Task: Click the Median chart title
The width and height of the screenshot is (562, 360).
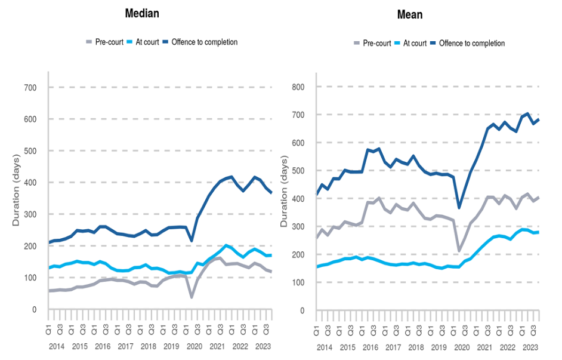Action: pos(141,13)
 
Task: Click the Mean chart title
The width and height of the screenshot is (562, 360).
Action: pos(409,14)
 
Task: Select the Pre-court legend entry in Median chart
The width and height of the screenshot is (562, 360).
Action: pos(109,42)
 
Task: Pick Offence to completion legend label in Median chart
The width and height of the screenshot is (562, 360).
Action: pos(204,42)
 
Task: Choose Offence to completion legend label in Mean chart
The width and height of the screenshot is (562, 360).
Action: pos(471,44)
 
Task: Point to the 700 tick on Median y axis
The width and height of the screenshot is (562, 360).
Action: pos(30,88)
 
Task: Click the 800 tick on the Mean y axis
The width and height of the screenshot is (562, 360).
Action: pos(298,87)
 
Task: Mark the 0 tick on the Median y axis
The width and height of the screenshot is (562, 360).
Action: pos(35,309)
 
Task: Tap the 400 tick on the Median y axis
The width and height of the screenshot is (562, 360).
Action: pos(30,183)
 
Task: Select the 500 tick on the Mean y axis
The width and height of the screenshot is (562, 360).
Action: pos(298,171)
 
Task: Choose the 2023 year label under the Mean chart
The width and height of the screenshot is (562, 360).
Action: pos(530,347)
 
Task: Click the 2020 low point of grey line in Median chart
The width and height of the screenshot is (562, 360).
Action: pos(192,296)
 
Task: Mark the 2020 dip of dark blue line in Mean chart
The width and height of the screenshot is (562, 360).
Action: pos(459,207)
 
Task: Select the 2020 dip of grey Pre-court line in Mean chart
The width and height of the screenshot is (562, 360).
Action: pos(459,251)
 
